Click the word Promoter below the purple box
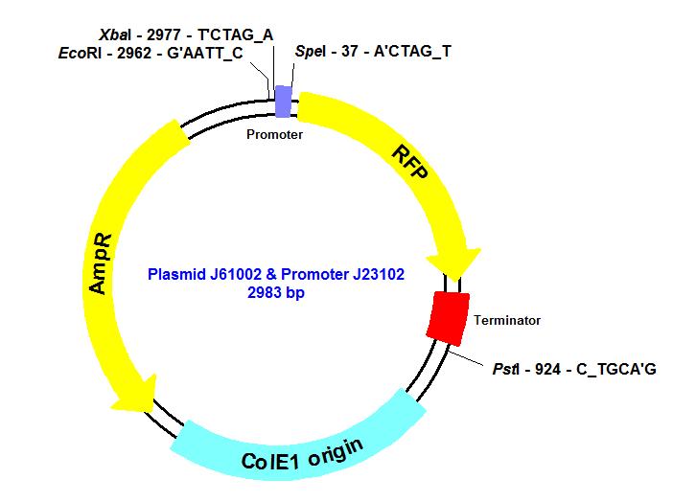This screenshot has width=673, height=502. click(274, 135)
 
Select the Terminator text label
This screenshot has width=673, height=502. click(507, 320)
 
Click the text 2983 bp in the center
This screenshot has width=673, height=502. click(279, 293)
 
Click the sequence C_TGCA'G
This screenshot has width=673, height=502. click(615, 369)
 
